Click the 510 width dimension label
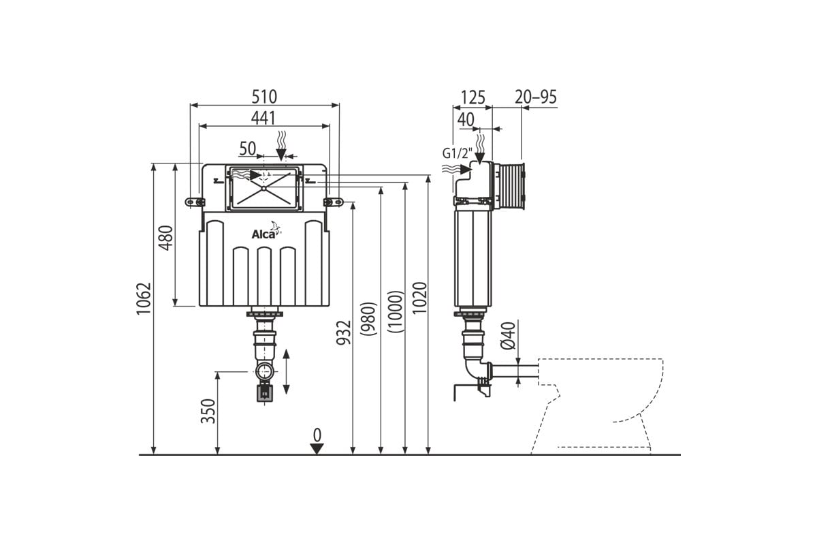point(264,97)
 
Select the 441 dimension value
point(263,118)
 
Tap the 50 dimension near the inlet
point(248,149)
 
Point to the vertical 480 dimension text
point(166,238)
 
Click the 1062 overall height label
point(144,298)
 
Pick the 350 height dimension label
point(208,411)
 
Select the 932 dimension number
point(343,332)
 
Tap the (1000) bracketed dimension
point(396,311)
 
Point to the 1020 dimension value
point(419,298)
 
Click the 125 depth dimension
point(473,97)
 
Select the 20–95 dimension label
point(536,97)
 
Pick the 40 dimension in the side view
point(466,119)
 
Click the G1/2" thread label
point(458,153)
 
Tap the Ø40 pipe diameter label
point(508,335)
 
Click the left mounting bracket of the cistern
point(195,202)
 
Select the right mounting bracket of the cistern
point(333,202)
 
